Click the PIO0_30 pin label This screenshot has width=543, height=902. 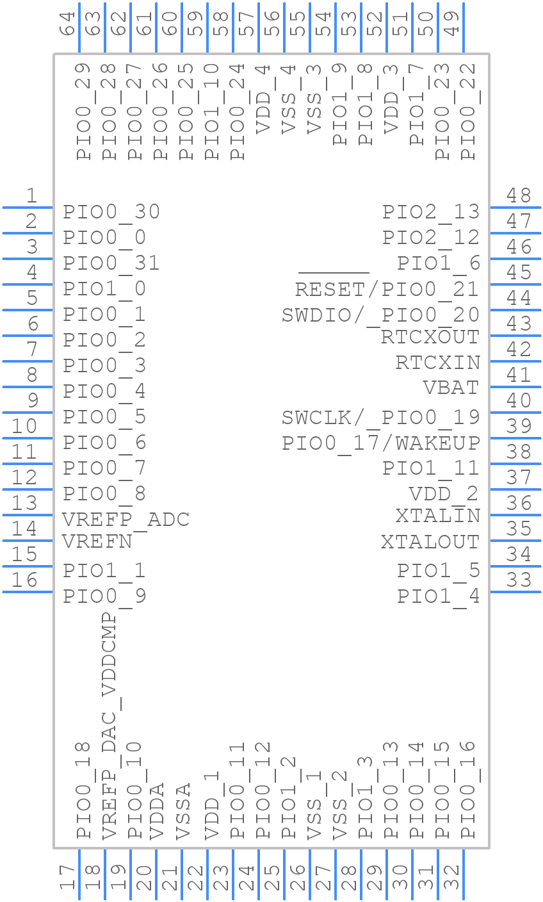(111, 212)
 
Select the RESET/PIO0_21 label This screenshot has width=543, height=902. (387, 289)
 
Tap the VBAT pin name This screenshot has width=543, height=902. (451, 388)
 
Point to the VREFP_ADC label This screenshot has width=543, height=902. (126, 519)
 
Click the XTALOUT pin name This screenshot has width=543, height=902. (430, 541)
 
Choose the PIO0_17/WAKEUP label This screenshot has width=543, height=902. (381, 443)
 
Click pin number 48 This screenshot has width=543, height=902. (519, 195)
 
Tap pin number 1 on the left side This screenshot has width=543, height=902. (31, 195)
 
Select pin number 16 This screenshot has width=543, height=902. (25, 580)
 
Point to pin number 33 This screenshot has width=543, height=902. (519, 580)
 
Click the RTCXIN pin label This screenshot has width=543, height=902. (438, 362)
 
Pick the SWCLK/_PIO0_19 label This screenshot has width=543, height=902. (381, 417)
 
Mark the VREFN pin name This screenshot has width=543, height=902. (97, 541)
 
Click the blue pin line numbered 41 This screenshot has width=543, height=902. (515, 387)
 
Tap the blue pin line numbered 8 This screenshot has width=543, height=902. (28, 387)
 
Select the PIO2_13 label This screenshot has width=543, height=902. (431, 212)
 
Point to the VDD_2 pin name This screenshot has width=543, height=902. (444, 494)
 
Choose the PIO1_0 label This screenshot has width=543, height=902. (104, 289)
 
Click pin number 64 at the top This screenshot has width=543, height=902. (67, 25)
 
